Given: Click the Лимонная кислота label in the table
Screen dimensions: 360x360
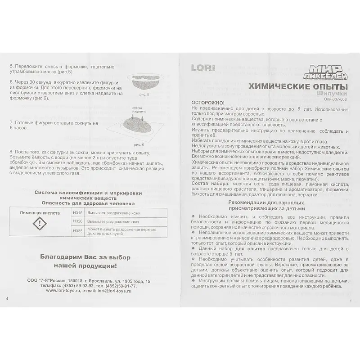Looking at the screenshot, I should [x=40, y=211].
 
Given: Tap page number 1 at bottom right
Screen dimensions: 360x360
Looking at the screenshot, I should [x=350, y=301].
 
